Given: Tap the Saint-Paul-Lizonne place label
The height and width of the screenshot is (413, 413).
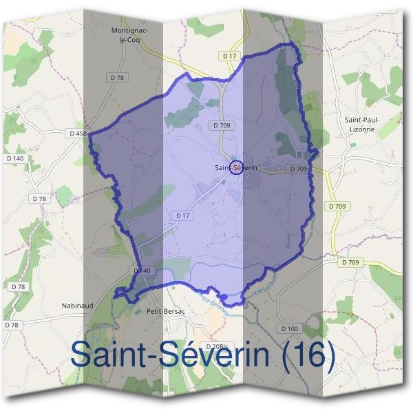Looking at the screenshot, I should point(362,124).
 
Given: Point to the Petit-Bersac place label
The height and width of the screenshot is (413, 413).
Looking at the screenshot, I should point(167,312).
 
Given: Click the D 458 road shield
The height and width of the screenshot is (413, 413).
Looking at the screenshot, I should point(77,133).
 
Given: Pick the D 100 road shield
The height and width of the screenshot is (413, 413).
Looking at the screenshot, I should point(290,329).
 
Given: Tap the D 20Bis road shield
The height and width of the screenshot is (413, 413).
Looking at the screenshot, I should point(218,346).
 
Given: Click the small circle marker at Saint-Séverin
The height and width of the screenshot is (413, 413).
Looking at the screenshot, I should point(235,167).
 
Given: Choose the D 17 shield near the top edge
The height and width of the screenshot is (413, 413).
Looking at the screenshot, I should point(229,55).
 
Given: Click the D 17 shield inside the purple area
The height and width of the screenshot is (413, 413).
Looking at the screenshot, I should point(182,215).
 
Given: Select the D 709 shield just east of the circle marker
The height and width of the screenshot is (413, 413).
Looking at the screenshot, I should point(297,169).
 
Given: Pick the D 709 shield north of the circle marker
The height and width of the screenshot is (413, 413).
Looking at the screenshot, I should point(221,126).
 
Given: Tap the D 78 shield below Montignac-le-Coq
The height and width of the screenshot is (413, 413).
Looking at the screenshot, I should point(119,78).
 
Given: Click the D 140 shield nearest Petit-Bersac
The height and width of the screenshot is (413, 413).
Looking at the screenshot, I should point(141,271).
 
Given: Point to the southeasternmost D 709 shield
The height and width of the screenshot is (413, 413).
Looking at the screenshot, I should point(350,262).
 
